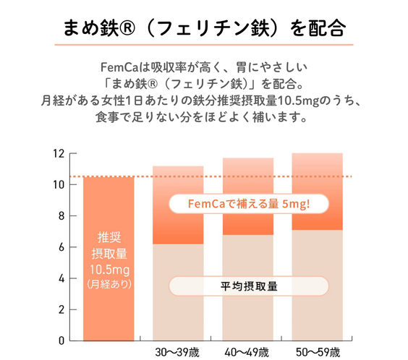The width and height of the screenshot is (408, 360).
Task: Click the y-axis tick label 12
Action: tap(59, 153)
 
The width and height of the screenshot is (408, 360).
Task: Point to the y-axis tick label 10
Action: tap(59, 184)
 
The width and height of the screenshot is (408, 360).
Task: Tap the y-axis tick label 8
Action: tap(61, 215)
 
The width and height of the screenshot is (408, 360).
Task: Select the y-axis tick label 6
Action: tap(61, 247)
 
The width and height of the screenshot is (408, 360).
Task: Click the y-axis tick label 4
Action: tap(61, 278)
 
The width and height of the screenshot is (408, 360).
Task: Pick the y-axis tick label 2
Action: tap(61, 309)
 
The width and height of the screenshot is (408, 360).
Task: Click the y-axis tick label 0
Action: tap(61, 340)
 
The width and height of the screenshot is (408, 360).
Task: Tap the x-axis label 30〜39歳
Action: tap(177, 353)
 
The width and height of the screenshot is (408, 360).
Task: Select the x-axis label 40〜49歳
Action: tap(247, 353)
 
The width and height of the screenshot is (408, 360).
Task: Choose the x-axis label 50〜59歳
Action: tap(317, 353)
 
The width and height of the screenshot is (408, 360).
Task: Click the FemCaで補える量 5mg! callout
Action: tap(248, 205)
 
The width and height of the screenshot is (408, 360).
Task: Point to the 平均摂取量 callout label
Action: tap(248, 285)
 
